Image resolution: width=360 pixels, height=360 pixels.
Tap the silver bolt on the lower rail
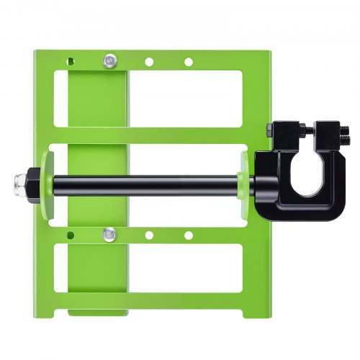109,233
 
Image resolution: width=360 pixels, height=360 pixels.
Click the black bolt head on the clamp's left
271,130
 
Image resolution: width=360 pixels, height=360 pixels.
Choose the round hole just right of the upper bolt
149,62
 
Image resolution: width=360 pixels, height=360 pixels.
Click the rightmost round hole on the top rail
189,62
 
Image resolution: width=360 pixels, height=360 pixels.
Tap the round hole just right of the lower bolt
149,235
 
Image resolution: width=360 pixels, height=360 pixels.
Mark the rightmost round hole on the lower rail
189,235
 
